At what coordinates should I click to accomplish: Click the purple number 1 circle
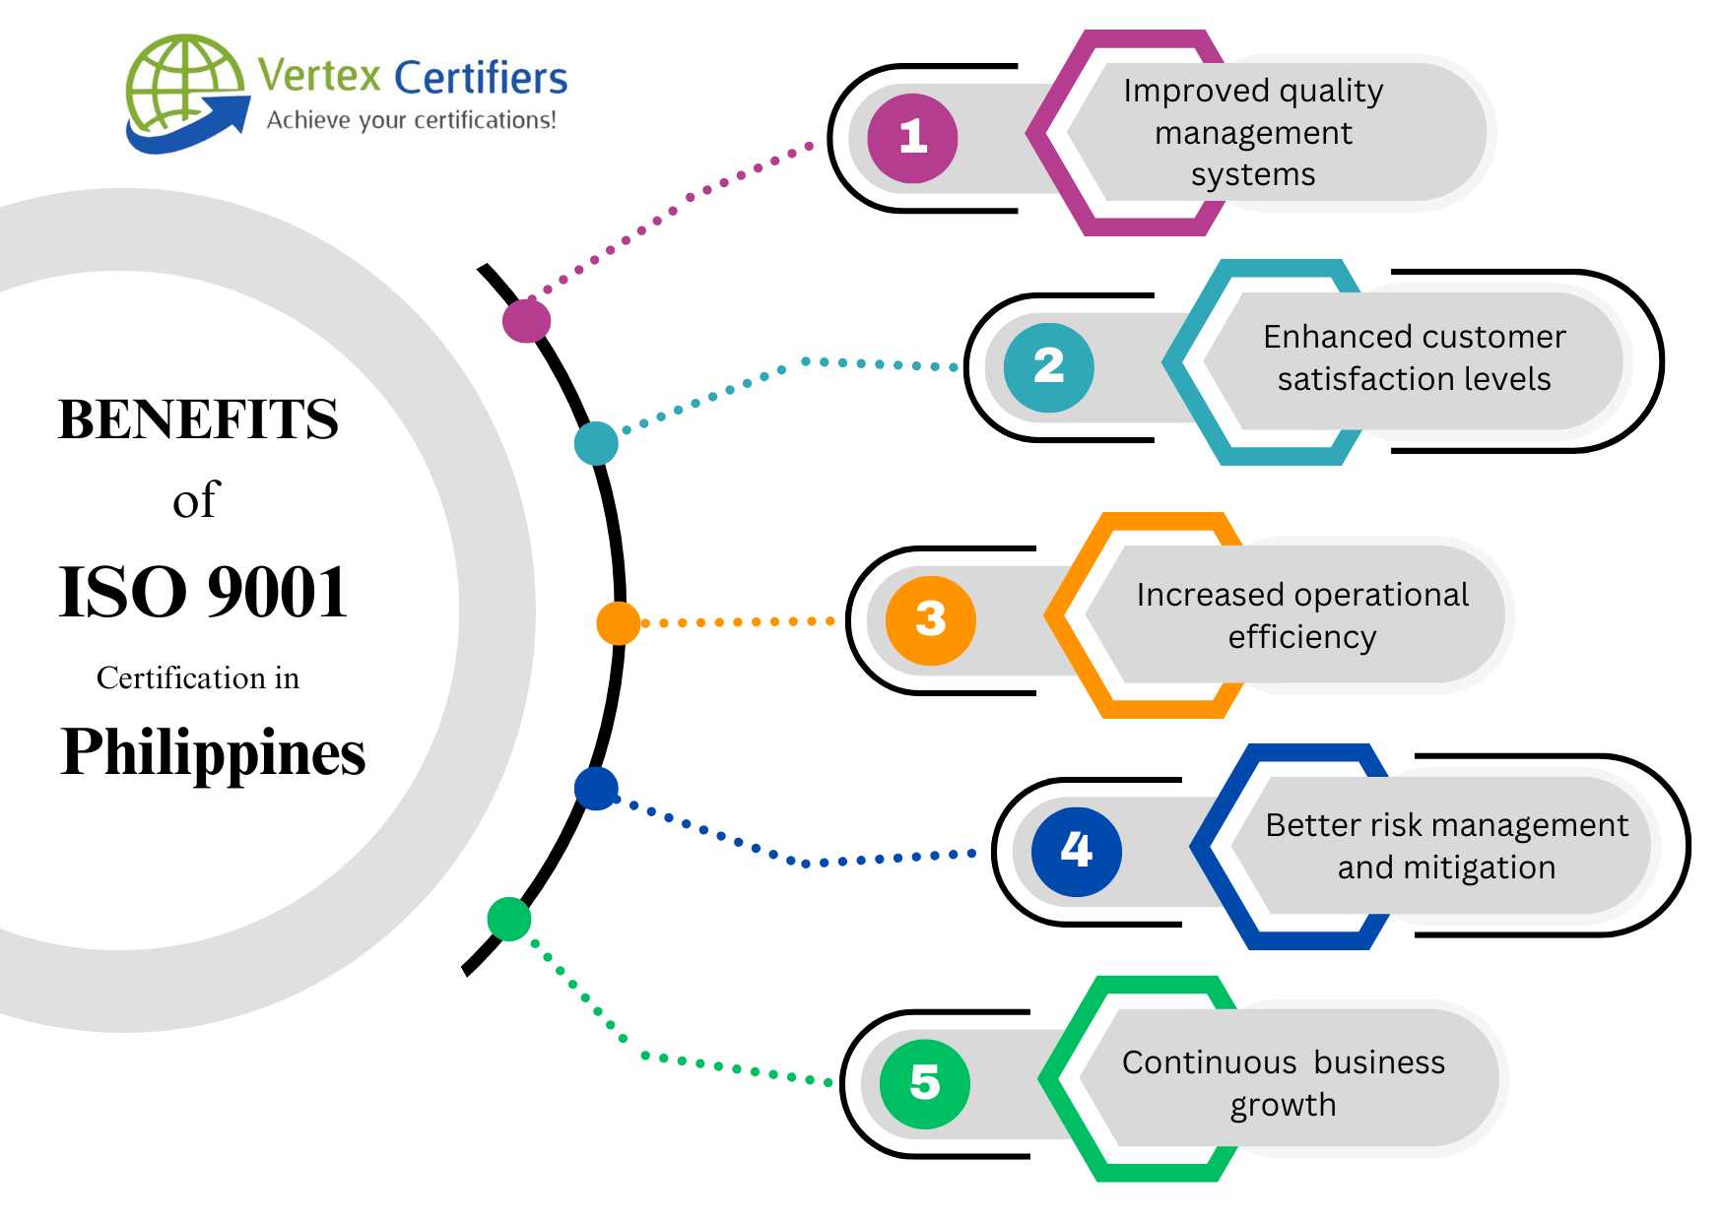912,138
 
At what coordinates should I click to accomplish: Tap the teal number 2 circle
1048,367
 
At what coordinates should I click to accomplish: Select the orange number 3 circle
930,620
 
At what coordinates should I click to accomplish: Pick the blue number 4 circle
1076,851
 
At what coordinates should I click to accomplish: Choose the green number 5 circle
924,1083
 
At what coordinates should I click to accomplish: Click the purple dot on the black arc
526,321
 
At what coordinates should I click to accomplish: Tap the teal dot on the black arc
596,443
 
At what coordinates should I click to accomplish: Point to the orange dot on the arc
619,623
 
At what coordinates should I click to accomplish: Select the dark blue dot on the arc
596,789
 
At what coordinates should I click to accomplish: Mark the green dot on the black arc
509,919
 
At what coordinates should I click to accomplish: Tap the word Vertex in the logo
319,76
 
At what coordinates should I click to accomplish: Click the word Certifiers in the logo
481,78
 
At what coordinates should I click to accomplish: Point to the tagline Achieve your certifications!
412,120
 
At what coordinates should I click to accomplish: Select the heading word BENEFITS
198,419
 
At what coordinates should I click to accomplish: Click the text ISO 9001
203,593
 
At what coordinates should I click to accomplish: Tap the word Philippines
213,752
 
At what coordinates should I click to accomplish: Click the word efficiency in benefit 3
1301,637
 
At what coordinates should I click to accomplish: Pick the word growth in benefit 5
1283,1105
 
